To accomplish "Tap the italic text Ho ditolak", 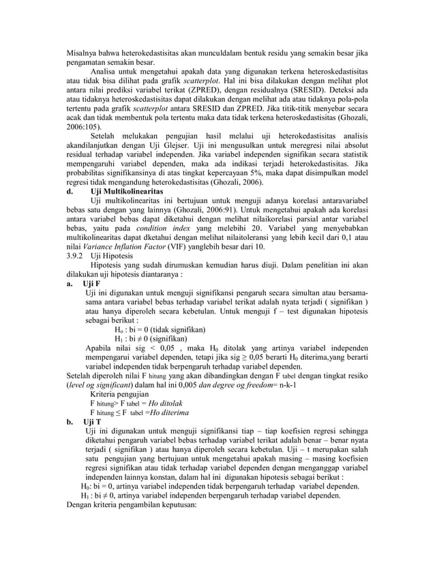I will coord(164,404).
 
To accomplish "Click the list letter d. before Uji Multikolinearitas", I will coord(70,194).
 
